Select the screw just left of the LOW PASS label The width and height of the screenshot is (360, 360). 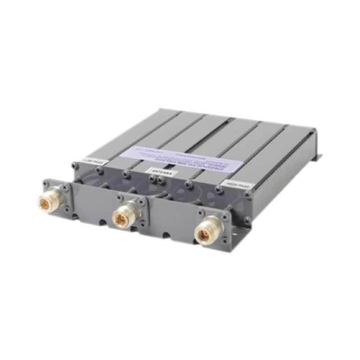click(x=75, y=166)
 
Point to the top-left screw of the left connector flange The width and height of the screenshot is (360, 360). click(x=45, y=183)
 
